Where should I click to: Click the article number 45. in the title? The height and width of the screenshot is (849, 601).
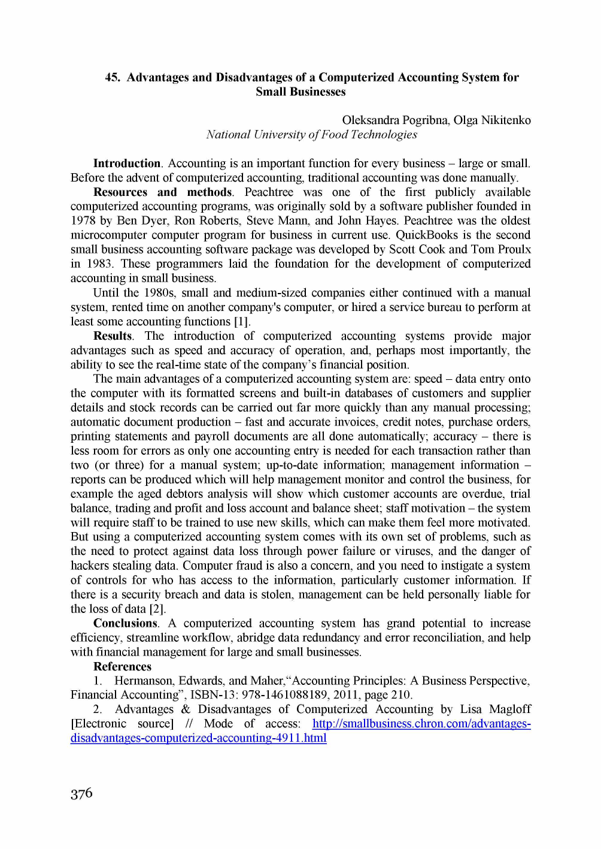point(113,77)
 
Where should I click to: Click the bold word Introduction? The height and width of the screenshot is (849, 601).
point(126,164)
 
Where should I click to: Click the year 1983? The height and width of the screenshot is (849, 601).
point(98,264)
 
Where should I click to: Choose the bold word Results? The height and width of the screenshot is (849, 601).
point(113,336)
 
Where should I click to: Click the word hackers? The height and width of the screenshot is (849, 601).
point(90,566)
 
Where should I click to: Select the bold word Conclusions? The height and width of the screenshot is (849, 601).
point(125,624)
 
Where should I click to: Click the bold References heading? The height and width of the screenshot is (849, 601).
point(122,667)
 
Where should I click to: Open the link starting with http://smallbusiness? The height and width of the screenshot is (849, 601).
point(421,724)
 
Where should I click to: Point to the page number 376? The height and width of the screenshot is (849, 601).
point(81,794)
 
